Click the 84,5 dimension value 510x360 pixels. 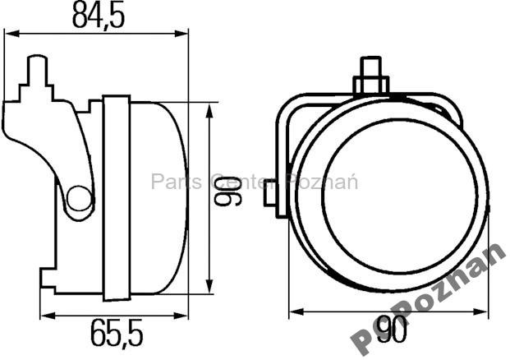(x=97, y=16)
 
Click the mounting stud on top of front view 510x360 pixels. (x=370, y=75)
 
